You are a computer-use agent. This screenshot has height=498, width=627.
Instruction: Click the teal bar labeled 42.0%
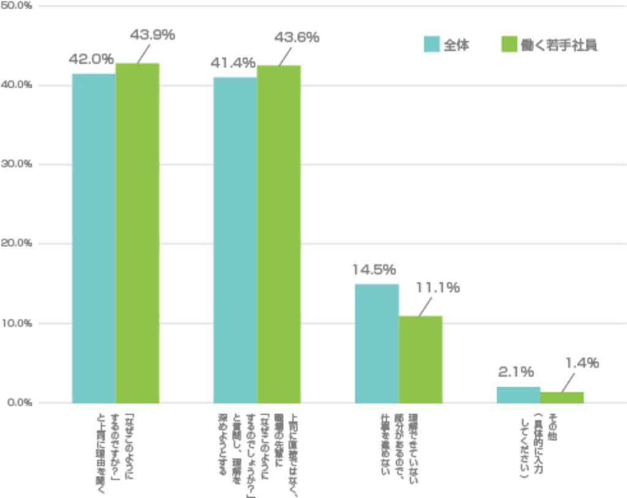click(94, 238)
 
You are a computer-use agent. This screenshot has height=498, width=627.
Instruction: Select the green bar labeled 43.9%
click(137, 233)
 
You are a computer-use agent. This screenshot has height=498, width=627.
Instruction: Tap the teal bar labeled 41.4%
click(235, 240)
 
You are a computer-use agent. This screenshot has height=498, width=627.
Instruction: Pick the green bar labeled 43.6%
click(279, 234)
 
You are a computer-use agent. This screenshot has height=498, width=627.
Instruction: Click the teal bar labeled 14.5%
click(377, 343)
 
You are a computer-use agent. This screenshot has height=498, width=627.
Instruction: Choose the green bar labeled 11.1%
click(420, 359)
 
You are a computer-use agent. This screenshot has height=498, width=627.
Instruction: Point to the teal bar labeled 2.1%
click(518, 394)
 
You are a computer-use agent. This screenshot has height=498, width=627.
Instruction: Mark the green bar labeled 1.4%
click(561, 397)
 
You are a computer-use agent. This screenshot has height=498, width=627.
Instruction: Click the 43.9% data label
click(152, 35)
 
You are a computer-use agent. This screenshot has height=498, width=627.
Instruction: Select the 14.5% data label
click(374, 270)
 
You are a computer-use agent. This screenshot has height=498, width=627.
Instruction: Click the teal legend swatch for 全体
click(432, 45)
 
